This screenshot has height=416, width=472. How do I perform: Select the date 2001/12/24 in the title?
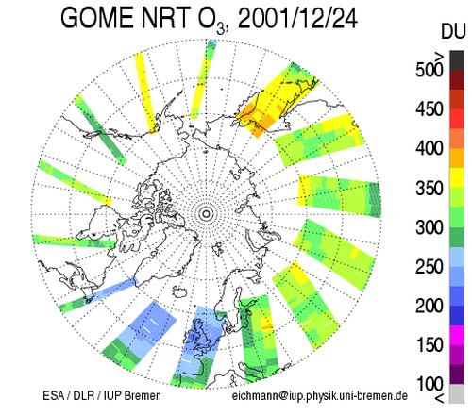(297, 18)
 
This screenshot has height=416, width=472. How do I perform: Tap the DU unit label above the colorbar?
(453, 31)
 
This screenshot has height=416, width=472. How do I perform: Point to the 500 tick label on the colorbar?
(430, 70)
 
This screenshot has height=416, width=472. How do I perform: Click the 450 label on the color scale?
(430, 109)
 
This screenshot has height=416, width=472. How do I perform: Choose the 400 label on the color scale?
(430, 148)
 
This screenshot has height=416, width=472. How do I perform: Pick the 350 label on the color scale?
(430, 188)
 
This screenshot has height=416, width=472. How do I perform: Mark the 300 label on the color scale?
(430, 227)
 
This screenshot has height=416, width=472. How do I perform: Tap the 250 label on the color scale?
(430, 267)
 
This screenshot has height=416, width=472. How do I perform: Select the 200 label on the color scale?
(430, 306)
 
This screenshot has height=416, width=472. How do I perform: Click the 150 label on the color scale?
(430, 345)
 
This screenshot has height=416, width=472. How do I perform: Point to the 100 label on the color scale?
(430, 384)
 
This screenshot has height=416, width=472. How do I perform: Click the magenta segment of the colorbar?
(457, 335)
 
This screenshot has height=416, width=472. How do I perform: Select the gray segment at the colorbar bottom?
(457, 393)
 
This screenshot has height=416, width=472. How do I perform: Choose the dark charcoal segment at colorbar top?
(457, 60)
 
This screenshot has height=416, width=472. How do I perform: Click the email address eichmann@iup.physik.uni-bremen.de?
(320, 395)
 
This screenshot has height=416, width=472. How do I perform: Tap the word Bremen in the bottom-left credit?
(143, 395)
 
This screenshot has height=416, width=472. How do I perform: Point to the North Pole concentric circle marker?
(207, 214)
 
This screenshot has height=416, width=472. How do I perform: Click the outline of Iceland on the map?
(180, 292)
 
